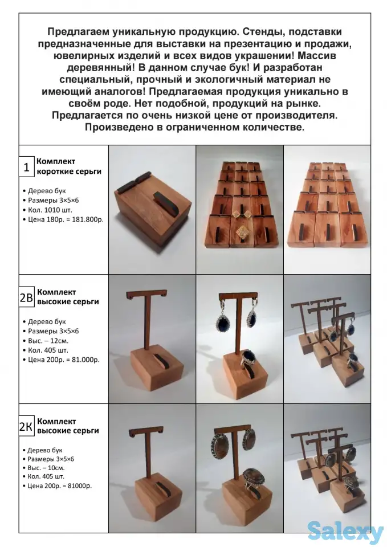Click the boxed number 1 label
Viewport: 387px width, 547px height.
[26, 168]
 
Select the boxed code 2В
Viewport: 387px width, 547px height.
[27, 297]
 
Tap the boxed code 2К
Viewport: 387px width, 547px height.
[26, 427]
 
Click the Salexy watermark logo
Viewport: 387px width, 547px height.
[345, 531]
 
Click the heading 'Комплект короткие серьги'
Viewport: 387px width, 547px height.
[68, 166]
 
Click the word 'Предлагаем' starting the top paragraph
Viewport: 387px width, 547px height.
[75, 32]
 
